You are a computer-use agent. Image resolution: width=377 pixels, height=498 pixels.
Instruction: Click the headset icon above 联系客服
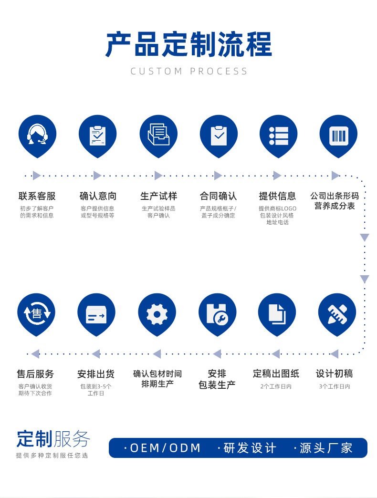[x=37, y=135]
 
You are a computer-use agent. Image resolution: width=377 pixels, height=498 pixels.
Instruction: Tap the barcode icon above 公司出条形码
[x=338, y=135]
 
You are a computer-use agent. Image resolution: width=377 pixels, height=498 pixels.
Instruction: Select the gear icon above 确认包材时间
[x=157, y=314]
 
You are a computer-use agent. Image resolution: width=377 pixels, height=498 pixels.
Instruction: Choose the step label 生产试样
[x=158, y=196]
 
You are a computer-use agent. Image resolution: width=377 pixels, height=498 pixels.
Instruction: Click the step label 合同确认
[x=218, y=196]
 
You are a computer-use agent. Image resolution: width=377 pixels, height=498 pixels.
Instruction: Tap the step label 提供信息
[x=277, y=196]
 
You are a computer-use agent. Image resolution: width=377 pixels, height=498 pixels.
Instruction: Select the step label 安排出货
[x=96, y=374]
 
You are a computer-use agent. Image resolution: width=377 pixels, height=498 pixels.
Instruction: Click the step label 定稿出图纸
[x=276, y=374]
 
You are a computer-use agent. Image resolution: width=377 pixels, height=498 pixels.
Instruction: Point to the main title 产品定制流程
[x=188, y=45]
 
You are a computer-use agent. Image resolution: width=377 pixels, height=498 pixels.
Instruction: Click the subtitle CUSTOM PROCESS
[x=189, y=72]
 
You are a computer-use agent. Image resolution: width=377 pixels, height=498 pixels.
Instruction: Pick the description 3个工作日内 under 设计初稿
[x=335, y=386]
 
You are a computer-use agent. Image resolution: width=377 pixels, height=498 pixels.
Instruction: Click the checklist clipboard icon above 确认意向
[x=97, y=135]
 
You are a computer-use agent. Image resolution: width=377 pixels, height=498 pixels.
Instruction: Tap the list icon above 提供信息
[x=278, y=135]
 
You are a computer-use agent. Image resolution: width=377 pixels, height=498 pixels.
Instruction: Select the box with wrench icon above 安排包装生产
[x=217, y=314]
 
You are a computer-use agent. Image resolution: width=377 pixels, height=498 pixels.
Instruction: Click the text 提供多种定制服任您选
[x=52, y=456]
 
